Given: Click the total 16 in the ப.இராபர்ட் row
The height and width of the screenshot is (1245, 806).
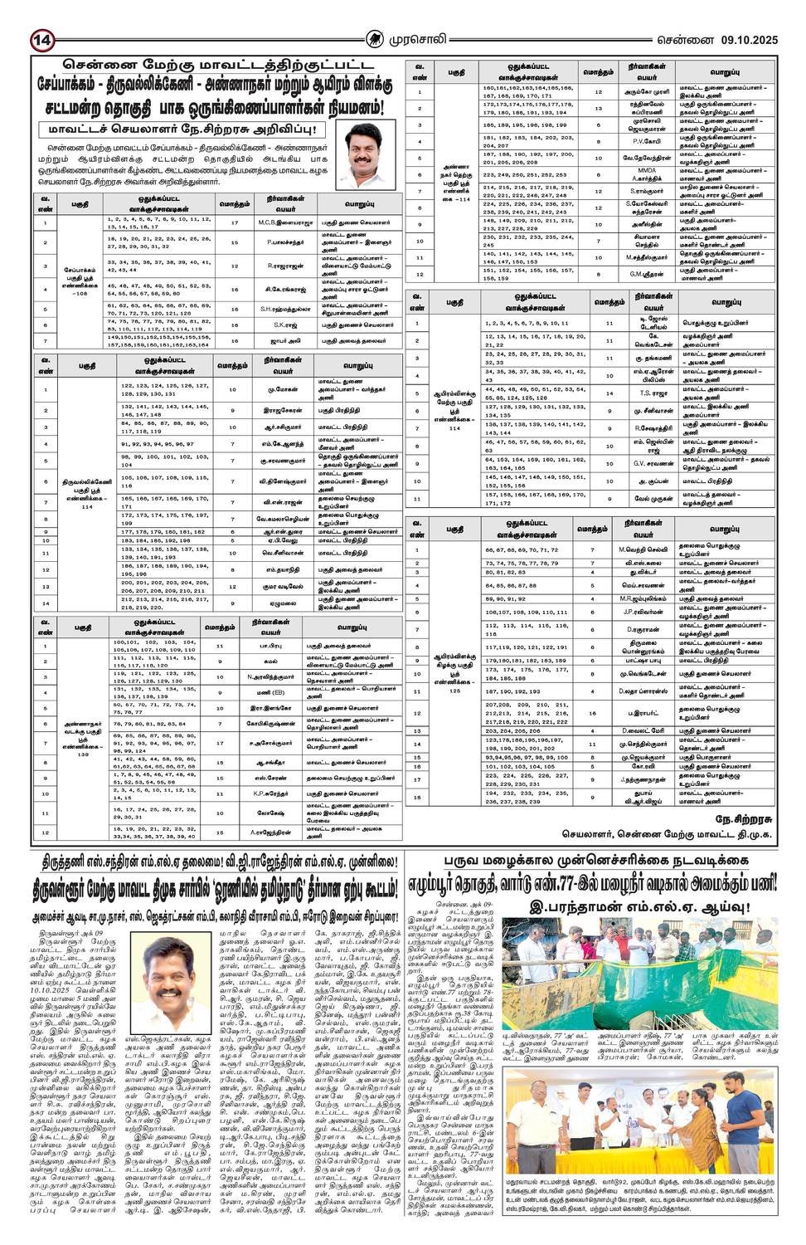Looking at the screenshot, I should [592, 712].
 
